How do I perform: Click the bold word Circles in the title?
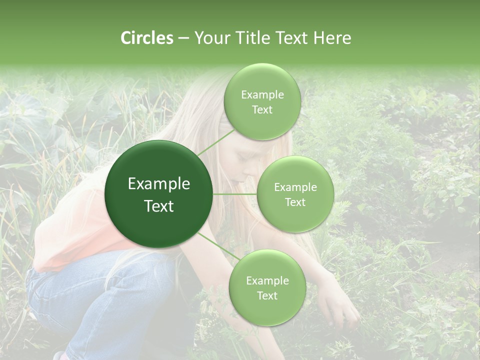coord(146,38)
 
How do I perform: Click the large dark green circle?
coord(158,194)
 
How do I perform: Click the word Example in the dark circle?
coord(158,184)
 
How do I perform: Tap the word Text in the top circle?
coord(262,110)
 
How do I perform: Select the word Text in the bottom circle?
coord(267,295)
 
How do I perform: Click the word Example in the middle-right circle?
coord(295,187)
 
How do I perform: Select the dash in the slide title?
coord(183,38)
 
